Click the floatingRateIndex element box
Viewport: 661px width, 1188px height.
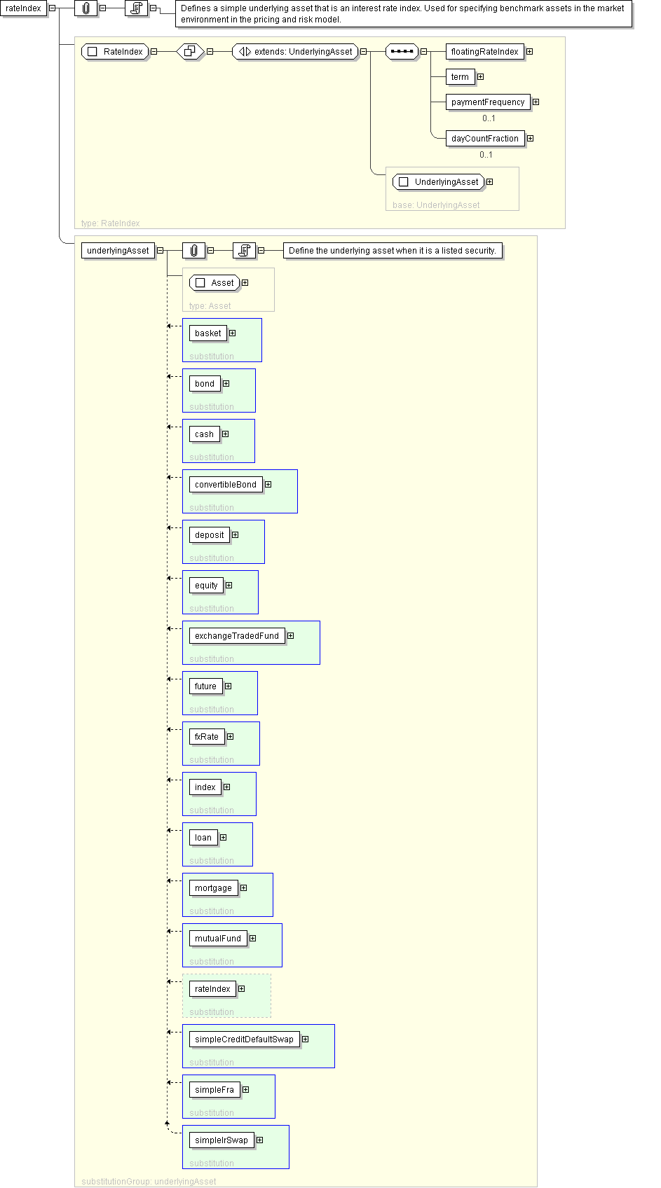[x=484, y=52]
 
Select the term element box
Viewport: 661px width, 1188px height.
[x=460, y=77]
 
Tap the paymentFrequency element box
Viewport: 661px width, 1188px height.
[x=488, y=102]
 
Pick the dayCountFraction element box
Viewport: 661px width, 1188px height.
[x=484, y=139]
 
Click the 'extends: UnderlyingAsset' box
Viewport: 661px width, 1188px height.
[x=295, y=52]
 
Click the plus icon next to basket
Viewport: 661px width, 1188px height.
[x=232, y=333]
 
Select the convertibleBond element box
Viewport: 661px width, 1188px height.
[x=226, y=485]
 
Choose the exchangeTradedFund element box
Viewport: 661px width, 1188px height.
[x=237, y=636]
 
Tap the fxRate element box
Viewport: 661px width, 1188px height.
[x=207, y=737]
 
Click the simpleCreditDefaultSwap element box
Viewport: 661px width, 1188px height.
[x=244, y=1039]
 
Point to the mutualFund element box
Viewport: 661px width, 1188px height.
[x=218, y=939]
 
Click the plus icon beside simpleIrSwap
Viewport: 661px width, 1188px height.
[x=259, y=1140]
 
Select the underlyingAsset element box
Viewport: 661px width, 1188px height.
[x=118, y=251]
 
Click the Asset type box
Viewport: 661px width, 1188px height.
[x=214, y=283]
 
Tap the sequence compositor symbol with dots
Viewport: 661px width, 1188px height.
[x=402, y=52]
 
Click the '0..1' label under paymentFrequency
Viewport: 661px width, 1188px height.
[x=489, y=118]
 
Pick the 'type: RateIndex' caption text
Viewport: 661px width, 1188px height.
[x=110, y=223]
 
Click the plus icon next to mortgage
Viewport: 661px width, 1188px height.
[x=243, y=888]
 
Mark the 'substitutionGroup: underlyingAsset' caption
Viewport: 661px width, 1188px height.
[x=149, y=1182]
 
